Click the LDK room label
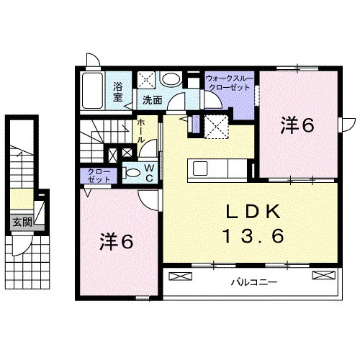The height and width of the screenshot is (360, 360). coord(253,212)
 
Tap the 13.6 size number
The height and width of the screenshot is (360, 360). coord(253,235)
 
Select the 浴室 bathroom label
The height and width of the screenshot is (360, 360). coord(117,91)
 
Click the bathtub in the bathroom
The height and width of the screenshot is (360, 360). coord(92,91)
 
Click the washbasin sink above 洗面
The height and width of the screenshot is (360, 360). coord(171,79)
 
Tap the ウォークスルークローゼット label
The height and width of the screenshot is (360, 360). coord(229,83)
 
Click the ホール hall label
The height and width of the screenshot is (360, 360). coord(140,131)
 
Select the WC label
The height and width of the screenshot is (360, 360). coord(149,172)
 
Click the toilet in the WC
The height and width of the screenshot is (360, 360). coord(131,173)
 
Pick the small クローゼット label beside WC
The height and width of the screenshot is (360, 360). coord(99,176)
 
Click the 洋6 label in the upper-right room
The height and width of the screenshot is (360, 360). coord(297,125)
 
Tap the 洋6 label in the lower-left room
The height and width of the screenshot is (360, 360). coord(117,242)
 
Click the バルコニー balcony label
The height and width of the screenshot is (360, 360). coord(254,282)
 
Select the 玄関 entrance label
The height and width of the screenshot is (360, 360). coord(22,222)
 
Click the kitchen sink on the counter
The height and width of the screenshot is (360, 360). coord(200,168)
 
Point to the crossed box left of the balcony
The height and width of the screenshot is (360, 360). coord(181,276)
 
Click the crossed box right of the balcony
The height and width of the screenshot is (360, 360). coord(323,275)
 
